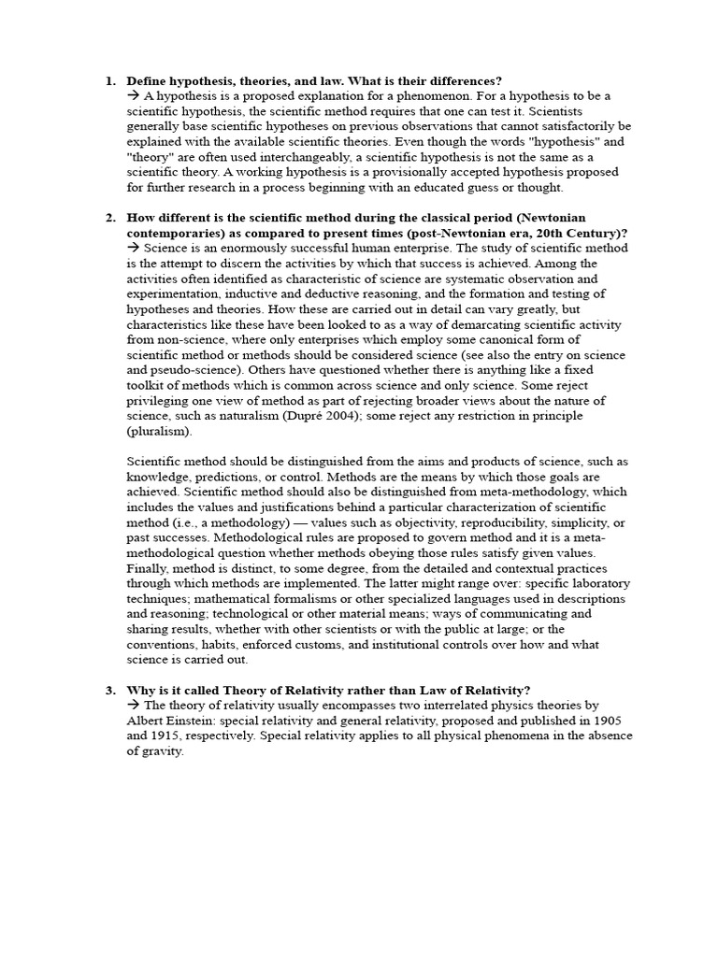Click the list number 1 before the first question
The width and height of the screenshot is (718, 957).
click(108, 81)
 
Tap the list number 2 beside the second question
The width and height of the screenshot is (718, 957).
click(108, 218)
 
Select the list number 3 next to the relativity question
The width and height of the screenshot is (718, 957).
click(108, 690)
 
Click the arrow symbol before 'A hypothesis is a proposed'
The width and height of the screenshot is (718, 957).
click(133, 96)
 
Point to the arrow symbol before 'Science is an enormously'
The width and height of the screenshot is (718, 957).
click(133, 248)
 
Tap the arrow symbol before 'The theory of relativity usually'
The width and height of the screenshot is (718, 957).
click(133, 706)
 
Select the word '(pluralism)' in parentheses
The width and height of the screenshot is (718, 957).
click(157, 431)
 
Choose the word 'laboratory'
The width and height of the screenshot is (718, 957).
click(596, 582)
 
